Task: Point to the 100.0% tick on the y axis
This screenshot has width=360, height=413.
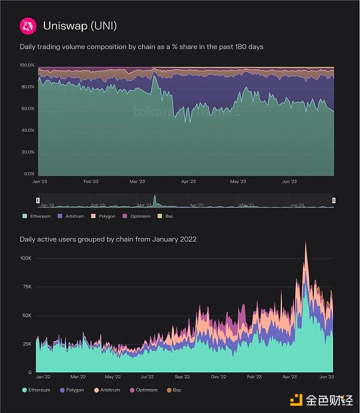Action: coord(28,65)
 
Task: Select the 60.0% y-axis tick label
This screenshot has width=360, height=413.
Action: coord(28,108)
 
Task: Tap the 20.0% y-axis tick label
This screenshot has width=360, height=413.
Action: coord(28,152)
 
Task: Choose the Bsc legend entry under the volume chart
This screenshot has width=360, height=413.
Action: coord(167,215)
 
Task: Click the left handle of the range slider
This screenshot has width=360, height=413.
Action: coord(37,200)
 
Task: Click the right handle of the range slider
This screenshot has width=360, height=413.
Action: coord(334,200)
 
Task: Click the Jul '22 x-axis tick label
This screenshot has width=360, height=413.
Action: coord(147,377)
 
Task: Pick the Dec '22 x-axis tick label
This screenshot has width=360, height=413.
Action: coord(219,377)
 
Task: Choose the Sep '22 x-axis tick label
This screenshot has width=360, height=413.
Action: coord(182,377)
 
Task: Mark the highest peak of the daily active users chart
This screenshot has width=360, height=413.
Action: coord(306,242)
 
